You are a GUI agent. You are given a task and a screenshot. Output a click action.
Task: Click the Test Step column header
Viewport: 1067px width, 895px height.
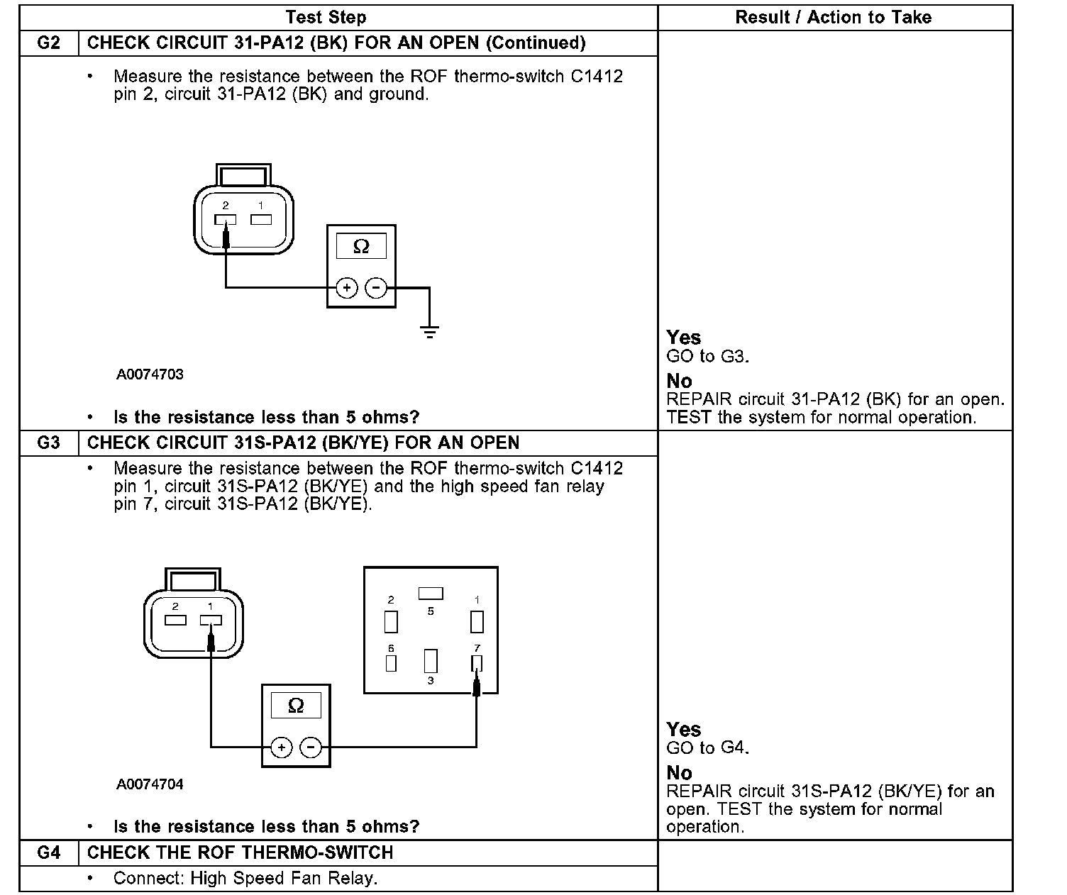(x=326, y=17)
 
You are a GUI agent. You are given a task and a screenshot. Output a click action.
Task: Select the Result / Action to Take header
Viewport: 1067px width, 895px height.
(x=833, y=17)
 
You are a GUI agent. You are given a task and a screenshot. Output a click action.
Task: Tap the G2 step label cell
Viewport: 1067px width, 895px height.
(x=48, y=43)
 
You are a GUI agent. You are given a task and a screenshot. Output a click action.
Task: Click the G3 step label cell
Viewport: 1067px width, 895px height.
(x=48, y=443)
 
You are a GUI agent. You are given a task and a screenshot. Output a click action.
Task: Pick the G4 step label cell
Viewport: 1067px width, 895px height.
(x=48, y=852)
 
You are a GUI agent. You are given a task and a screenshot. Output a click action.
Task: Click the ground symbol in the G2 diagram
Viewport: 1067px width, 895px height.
(x=429, y=330)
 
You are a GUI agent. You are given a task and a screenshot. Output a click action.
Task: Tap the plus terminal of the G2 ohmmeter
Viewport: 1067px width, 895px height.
(x=346, y=288)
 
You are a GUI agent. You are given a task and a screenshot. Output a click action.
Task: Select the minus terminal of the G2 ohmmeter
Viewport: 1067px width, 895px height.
(x=376, y=288)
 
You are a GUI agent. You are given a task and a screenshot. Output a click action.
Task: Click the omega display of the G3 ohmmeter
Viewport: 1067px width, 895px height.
(x=296, y=705)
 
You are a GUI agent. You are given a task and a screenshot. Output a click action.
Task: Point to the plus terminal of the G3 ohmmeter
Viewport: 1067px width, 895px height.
(x=282, y=747)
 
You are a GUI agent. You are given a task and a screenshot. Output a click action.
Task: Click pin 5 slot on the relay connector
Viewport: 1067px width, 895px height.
(x=431, y=593)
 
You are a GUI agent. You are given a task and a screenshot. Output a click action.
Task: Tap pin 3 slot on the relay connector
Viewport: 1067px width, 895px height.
(x=431, y=661)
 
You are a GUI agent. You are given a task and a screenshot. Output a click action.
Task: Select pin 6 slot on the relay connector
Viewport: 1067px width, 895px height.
(x=391, y=663)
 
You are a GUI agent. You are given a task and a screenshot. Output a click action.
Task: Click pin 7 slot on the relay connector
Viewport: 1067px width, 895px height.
(x=477, y=663)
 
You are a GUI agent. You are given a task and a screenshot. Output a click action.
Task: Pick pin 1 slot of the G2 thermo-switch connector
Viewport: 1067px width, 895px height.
(x=261, y=220)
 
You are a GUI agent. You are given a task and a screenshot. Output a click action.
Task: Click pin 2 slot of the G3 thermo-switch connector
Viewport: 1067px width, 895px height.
(x=175, y=621)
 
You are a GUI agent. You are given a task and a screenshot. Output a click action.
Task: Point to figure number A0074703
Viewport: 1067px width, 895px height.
(x=150, y=374)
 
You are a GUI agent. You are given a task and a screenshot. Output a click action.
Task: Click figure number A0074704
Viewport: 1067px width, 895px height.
(x=150, y=784)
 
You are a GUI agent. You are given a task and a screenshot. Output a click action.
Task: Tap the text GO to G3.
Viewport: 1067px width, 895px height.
(x=707, y=356)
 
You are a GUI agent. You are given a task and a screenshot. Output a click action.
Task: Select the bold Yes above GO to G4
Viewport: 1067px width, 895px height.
(x=683, y=729)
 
